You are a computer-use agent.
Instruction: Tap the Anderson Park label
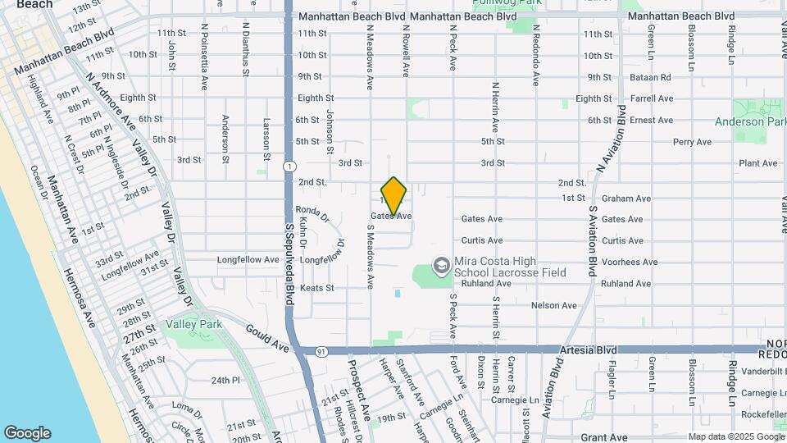click(750, 121)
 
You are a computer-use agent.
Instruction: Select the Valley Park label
click(193, 325)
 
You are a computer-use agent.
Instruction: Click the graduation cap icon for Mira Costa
click(441, 265)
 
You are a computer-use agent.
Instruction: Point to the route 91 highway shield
click(321, 351)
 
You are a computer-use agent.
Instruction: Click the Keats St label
click(317, 288)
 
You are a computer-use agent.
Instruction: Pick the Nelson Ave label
click(554, 305)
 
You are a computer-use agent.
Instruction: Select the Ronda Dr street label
click(312, 212)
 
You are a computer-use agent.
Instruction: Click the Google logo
click(27, 433)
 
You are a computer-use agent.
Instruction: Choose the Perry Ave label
click(692, 142)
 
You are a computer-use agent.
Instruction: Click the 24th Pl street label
click(225, 381)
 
